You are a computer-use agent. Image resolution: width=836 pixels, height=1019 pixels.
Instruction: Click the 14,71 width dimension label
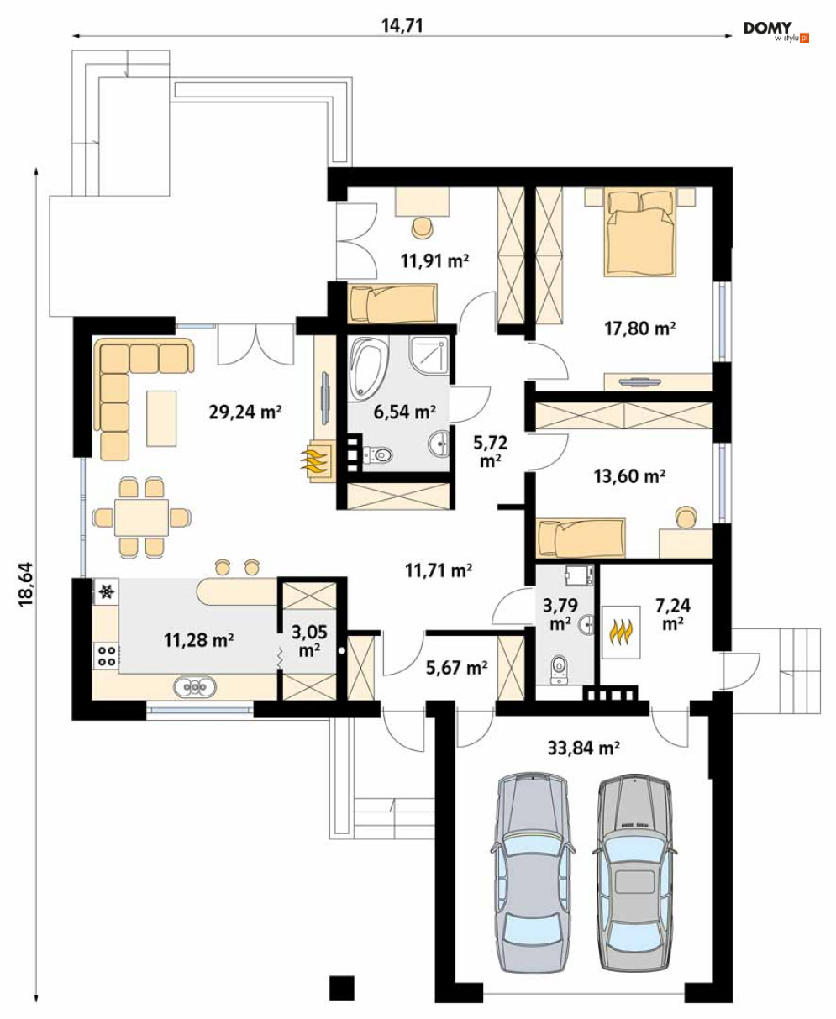pos(402,25)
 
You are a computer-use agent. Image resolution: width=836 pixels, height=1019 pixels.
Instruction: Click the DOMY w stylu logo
pos(776,31)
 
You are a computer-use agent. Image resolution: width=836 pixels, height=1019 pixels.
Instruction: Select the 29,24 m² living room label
pos(245,412)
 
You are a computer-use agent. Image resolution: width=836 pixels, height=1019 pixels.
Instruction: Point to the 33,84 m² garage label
pos(584,748)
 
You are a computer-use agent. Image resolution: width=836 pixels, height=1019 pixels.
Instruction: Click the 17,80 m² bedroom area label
pos(639,328)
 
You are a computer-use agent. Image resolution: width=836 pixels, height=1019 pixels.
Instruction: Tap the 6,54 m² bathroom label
pos(405,412)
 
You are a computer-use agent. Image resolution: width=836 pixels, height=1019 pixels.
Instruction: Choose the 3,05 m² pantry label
pos(310,641)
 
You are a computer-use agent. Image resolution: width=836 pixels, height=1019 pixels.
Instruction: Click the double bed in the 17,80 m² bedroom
pos(639,234)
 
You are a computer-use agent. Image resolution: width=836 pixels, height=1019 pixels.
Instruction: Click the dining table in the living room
pos(142,517)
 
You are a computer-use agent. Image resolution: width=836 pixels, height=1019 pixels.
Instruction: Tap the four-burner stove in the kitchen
pos(107,655)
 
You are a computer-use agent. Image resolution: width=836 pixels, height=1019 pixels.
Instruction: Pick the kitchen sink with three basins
pos(195,685)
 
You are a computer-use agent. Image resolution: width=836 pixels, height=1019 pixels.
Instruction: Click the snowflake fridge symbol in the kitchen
pos(106,591)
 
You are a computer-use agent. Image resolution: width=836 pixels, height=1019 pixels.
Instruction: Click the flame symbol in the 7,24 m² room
pos(621,633)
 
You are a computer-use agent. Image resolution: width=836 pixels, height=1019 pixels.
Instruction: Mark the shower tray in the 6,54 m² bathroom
pos(429,355)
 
